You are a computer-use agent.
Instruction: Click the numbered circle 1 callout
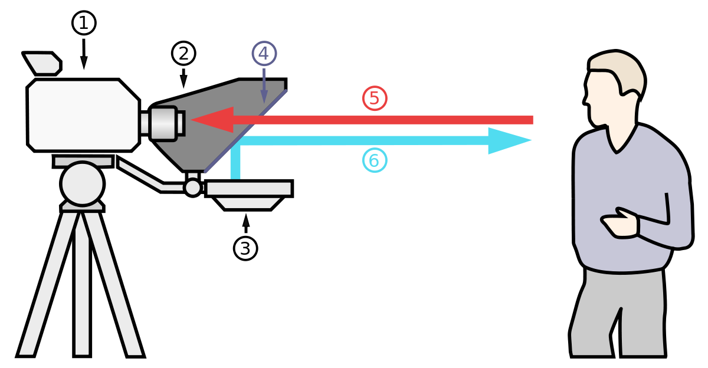point(84,23)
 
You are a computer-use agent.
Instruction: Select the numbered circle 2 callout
point(183,54)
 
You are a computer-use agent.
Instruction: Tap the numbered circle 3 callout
point(245,248)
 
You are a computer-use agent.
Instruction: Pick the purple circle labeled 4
point(264,54)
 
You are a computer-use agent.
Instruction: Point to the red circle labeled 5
point(375,98)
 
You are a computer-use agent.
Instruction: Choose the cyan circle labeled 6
point(375,160)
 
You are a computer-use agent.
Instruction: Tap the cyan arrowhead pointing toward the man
point(509,140)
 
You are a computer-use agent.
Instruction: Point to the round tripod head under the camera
point(83,183)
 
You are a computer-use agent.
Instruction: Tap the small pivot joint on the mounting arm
point(193,188)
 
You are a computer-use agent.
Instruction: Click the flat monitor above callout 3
point(248,189)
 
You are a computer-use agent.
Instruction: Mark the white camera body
point(83,115)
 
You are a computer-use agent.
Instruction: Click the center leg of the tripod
point(82,289)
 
